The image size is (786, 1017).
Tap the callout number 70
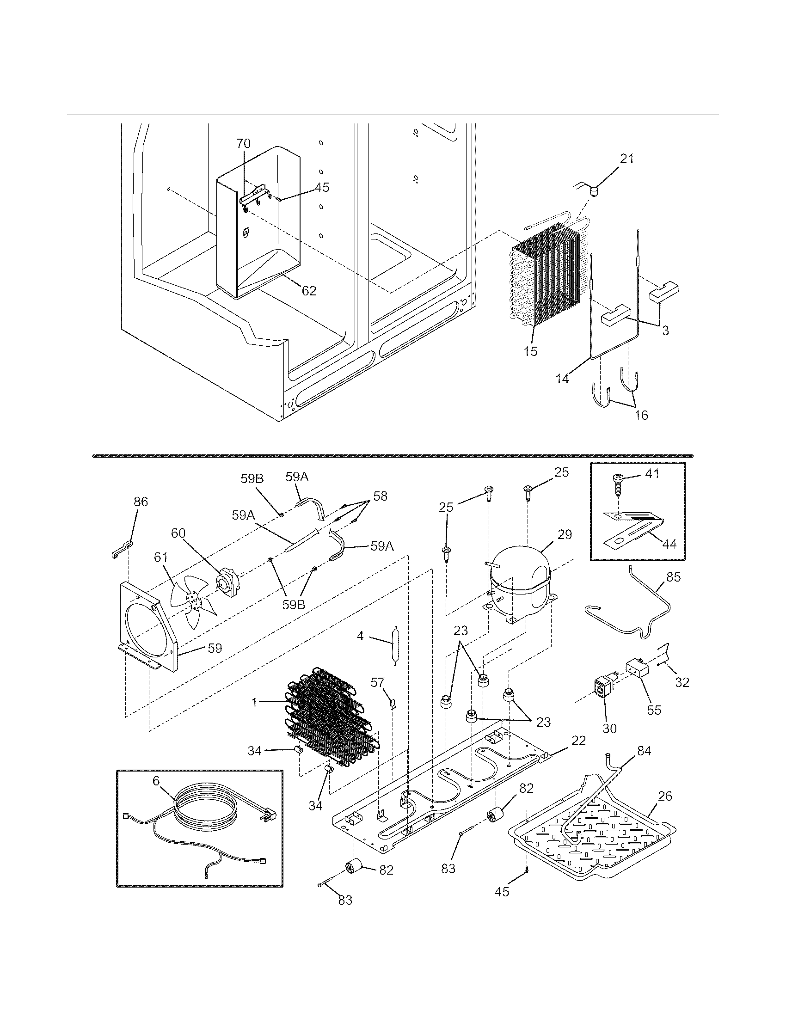click(x=243, y=143)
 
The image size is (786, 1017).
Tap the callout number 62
click(x=309, y=291)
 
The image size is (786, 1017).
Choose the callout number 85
click(x=673, y=577)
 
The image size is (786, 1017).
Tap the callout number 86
click(x=141, y=502)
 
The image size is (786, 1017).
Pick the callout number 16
click(x=641, y=415)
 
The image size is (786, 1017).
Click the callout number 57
click(x=377, y=683)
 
